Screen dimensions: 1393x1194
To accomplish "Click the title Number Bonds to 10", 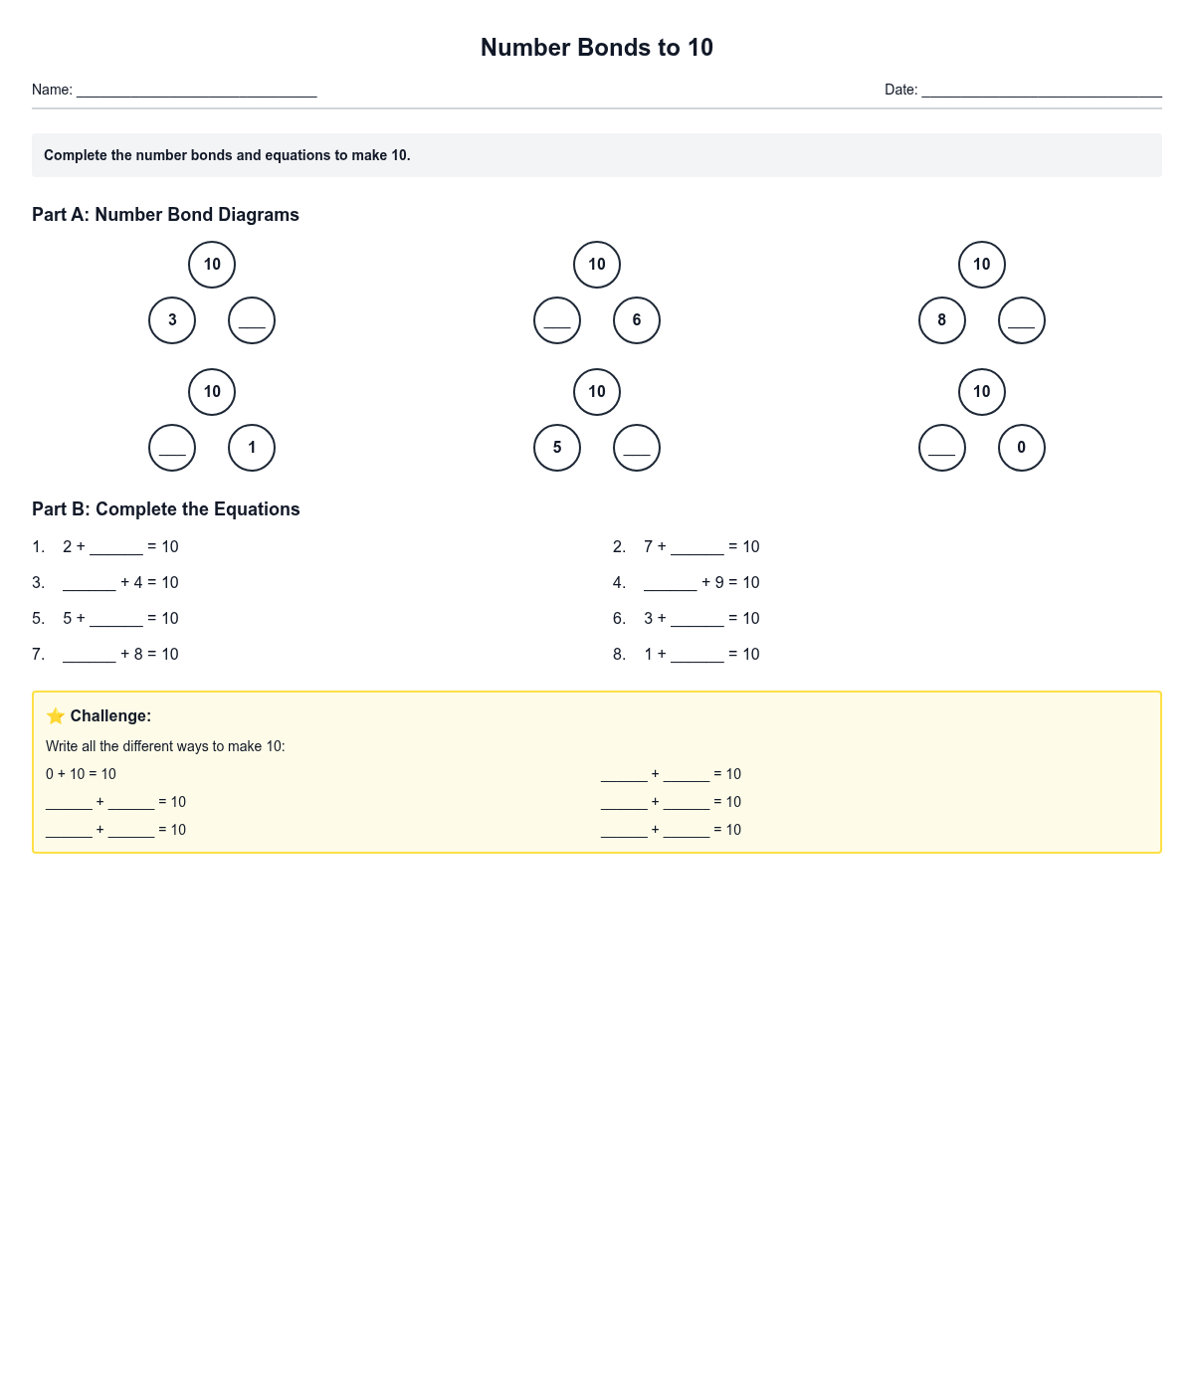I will click(596, 48).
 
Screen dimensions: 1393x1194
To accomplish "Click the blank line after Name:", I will click(196, 91).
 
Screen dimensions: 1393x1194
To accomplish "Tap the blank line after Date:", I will click(1041, 91).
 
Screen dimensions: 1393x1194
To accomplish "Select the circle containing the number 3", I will click(172, 320).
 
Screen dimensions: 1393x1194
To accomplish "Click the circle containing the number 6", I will click(637, 320).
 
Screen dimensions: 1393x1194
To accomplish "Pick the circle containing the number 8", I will click(942, 320).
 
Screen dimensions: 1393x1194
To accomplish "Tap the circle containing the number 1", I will click(252, 448).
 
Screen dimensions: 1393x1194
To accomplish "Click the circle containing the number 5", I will click(557, 448).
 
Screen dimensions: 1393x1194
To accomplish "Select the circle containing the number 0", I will click(1022, 448).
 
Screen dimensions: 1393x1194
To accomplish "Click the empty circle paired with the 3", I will click(252, 320).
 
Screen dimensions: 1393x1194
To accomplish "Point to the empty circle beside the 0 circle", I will click(942, 448).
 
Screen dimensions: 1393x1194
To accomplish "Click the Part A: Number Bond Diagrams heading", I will click(165, 215).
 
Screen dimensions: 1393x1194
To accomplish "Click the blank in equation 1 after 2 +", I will click(116, 548).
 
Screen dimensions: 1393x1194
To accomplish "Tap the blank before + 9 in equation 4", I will click(670, 584).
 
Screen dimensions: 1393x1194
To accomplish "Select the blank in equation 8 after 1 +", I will click(696, 656).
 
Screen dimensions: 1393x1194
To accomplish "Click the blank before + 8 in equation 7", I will click(90, 656).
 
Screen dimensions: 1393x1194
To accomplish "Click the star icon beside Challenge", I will click(56, 716).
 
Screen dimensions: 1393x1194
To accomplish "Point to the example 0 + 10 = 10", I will click(81, 774).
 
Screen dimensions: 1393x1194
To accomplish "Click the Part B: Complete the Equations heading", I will click(165, 509).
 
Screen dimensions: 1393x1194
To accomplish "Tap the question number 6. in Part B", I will click(619, 619).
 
